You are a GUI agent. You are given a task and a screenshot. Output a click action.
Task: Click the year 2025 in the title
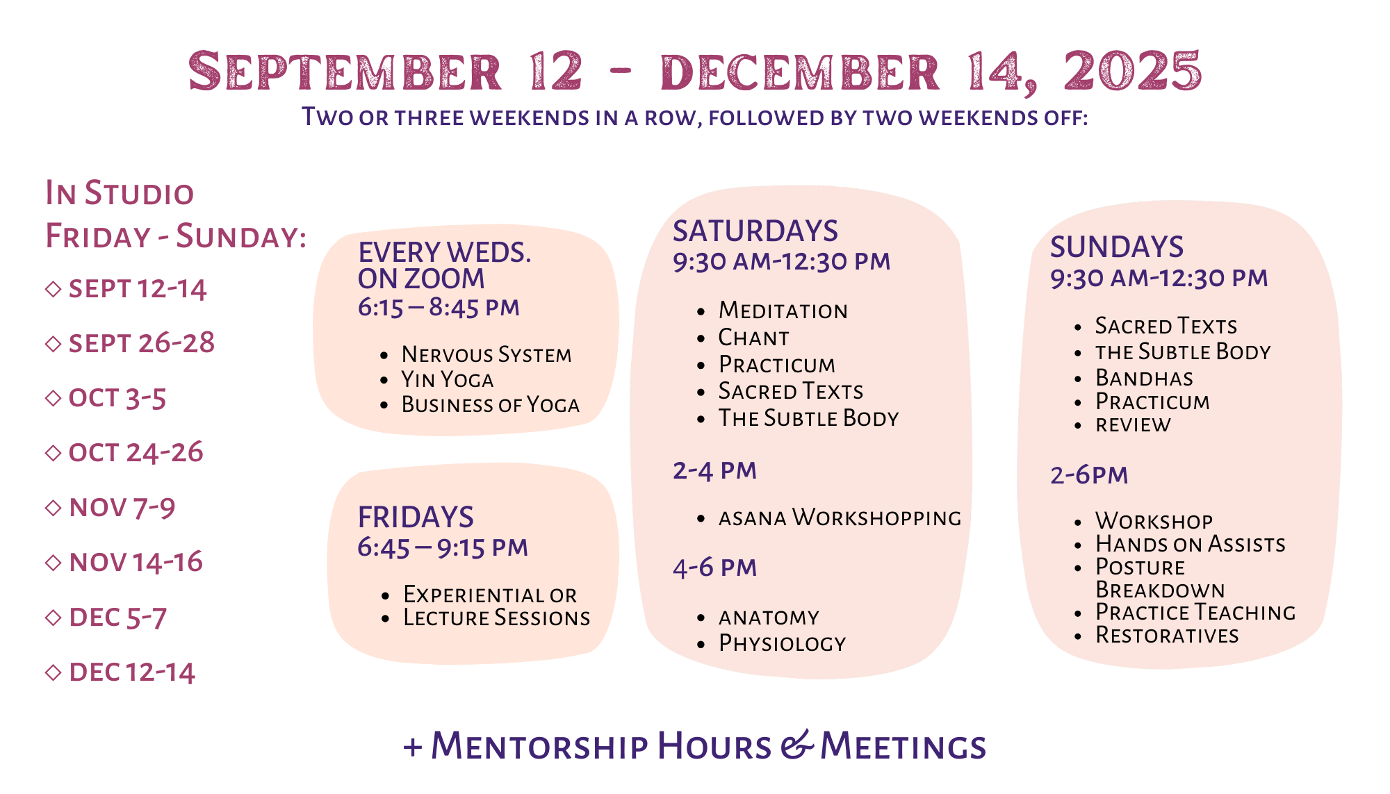tap(1132, 71)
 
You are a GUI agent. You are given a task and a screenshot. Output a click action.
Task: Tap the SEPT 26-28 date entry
tap(142, 343)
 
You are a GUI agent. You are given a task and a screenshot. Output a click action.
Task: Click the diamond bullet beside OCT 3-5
tap(53, 398)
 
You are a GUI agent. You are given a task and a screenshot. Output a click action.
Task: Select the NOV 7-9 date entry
tap(122, 508)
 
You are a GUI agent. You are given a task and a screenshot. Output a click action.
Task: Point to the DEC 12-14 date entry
tap(132, 672)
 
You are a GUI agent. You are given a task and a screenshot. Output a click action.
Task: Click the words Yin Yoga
tap(448, 379)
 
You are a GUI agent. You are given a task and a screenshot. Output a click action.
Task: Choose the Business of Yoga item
tap(491, 404)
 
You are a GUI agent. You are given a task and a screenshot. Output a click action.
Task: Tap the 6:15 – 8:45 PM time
tap(439, 307)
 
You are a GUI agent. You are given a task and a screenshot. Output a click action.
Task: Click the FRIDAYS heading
tap(416, 518)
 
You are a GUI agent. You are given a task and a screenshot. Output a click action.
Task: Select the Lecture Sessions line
tap(497, 618)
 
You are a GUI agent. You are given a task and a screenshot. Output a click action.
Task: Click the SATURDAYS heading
tap(755, 231)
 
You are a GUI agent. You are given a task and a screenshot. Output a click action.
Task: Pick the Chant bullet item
tap(754, 338)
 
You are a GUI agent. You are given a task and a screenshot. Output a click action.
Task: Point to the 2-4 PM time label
tap(714, 471)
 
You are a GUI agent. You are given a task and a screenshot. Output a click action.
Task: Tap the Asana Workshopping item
tap(840, 518)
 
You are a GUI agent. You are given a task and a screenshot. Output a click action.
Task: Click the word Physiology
tap(783, 643)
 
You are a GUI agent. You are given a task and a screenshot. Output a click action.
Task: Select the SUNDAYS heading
tap(1117, 247)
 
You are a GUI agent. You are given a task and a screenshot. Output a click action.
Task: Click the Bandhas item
tap(1145, 378)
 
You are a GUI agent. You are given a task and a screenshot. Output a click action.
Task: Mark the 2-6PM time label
tap(1089, 475)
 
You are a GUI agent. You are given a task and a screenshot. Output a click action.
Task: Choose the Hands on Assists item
tap(1191, 544)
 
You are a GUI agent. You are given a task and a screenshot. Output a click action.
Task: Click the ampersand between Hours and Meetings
tap(796, 745)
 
